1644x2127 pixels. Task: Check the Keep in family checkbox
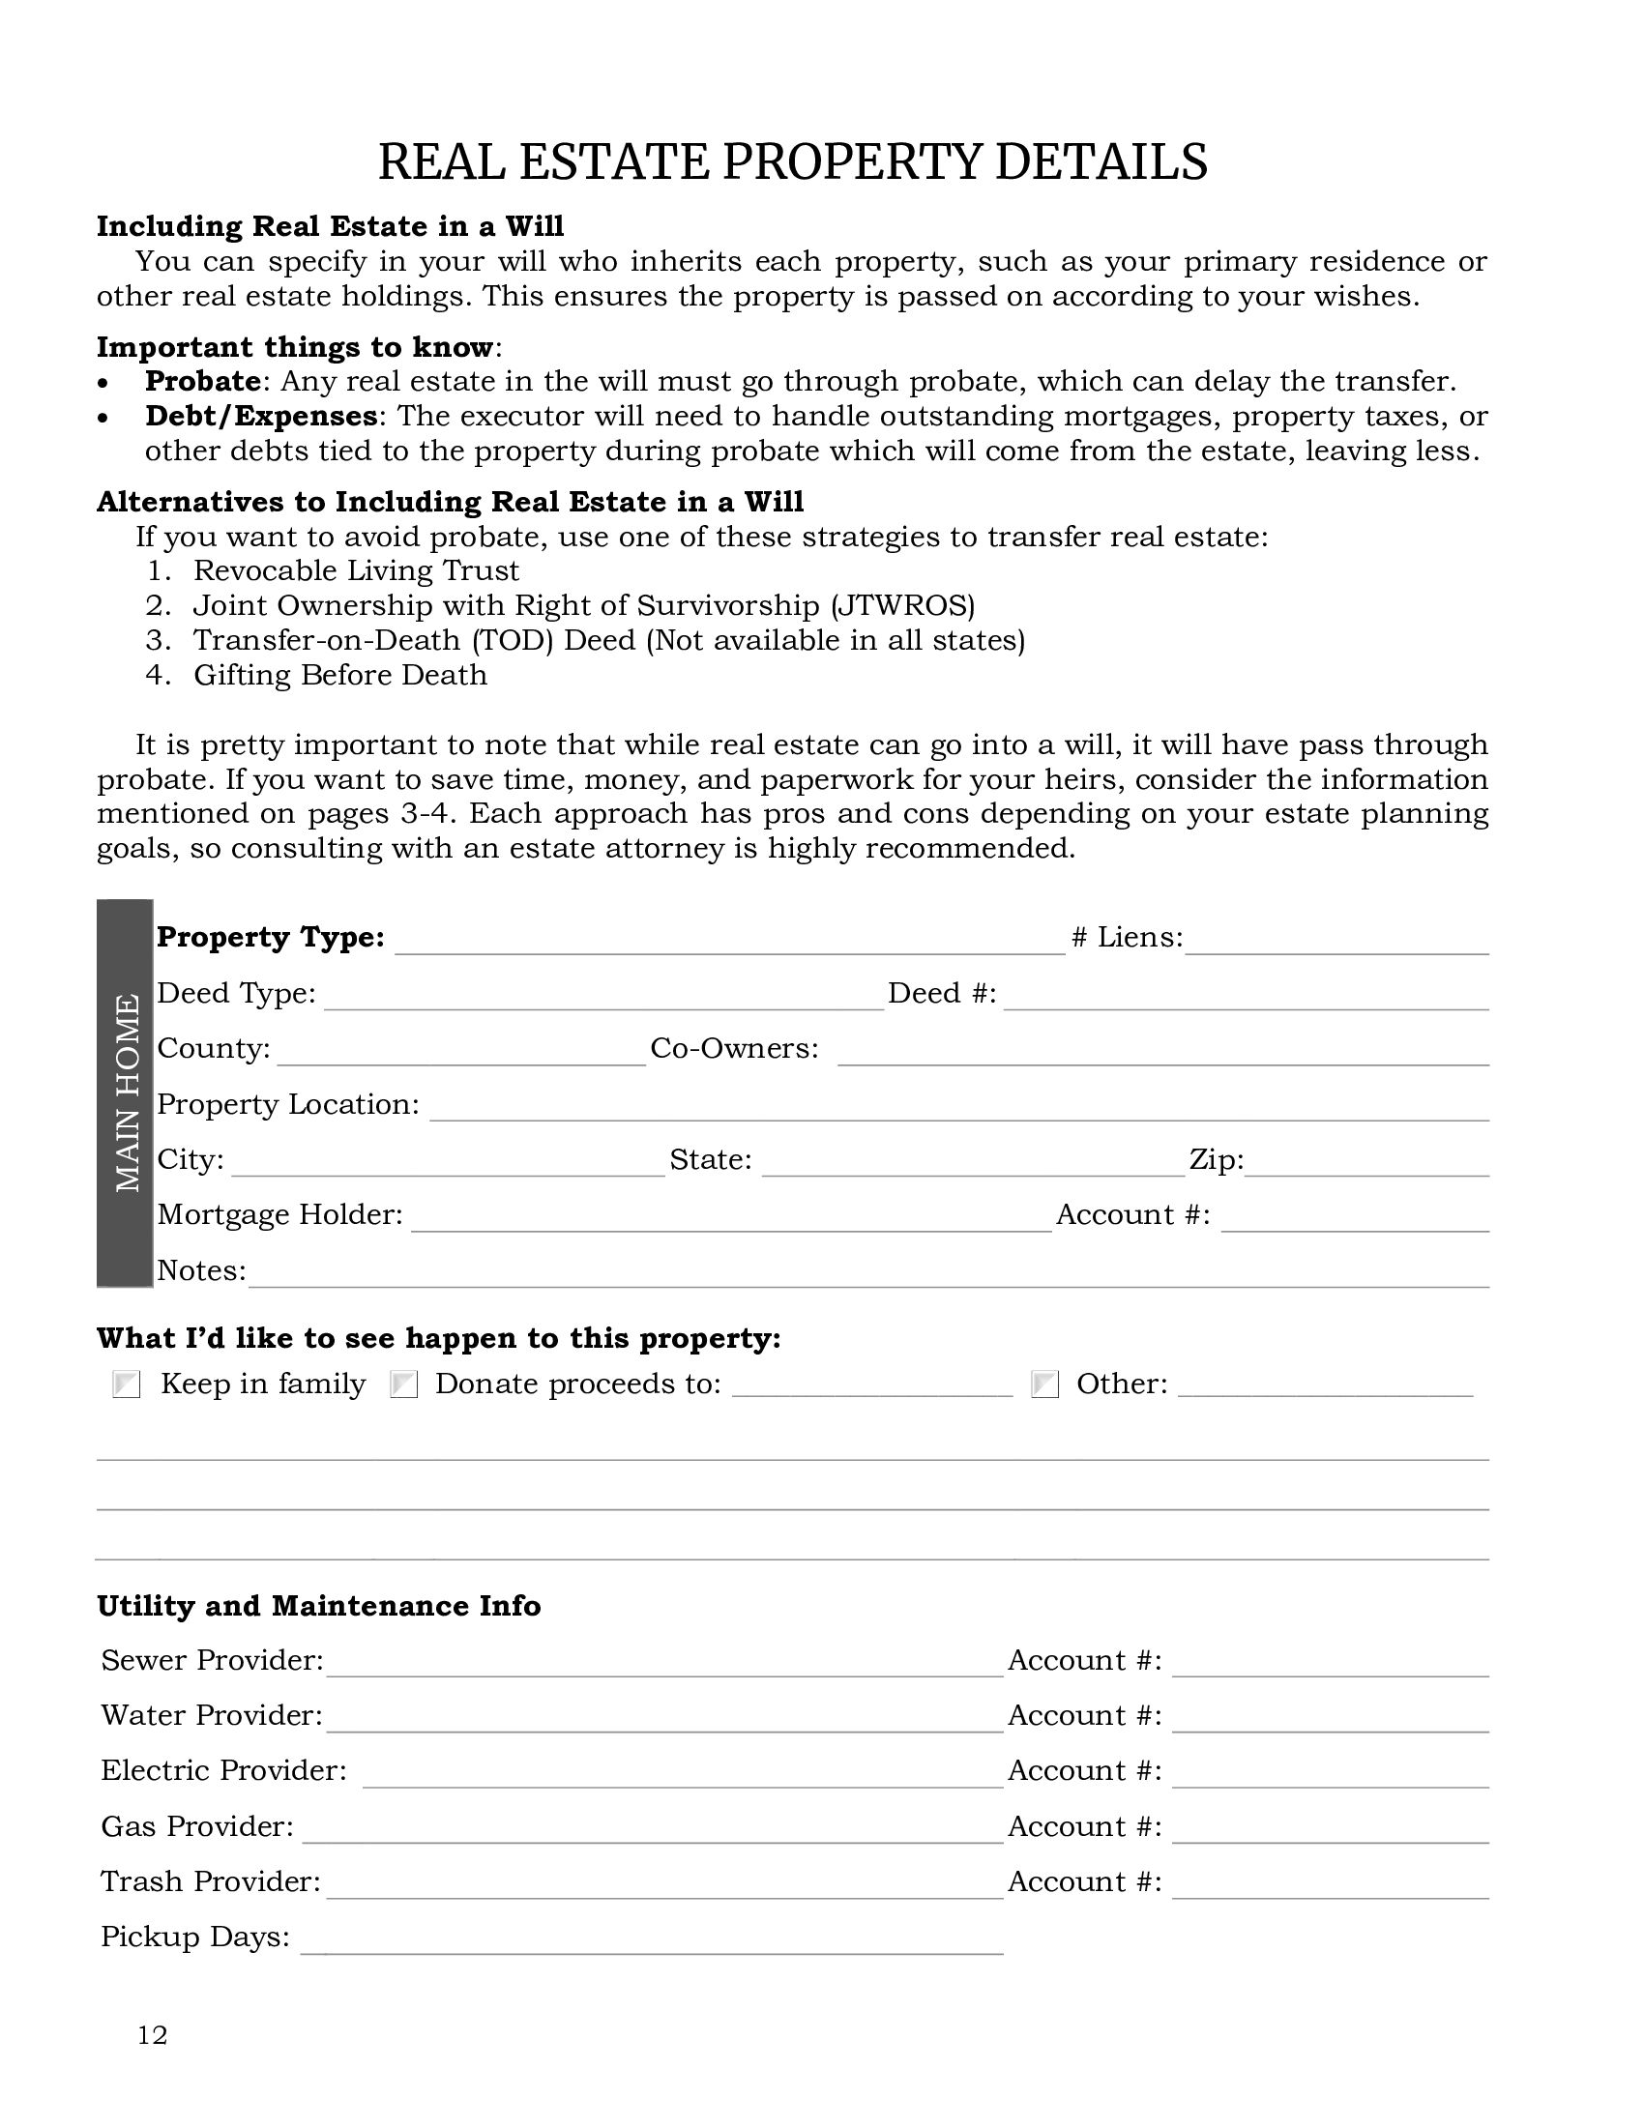127,1384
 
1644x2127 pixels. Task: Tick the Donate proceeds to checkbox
403,1384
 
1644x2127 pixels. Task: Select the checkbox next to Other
1045,1384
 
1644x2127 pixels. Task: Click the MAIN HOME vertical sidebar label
126,1093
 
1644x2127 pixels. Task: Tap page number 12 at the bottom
153,2034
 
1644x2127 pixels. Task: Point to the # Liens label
1127,937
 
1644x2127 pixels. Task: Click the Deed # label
942,992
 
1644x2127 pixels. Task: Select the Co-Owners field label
734,1048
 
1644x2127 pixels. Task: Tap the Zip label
1217,1159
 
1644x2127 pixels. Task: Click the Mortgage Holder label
279,1214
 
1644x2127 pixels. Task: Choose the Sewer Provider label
213,1659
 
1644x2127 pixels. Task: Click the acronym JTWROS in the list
903,606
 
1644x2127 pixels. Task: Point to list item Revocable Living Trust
357,570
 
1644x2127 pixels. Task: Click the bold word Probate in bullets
202,381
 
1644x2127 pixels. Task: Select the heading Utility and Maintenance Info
318,1606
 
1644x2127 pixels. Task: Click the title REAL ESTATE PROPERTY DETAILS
792,161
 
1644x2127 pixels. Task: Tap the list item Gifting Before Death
339,675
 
